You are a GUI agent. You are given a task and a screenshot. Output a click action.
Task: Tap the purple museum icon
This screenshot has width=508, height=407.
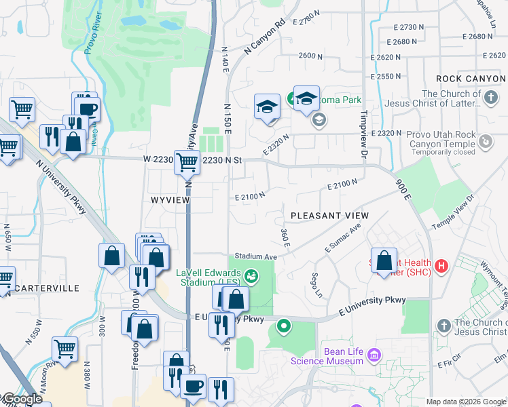373,355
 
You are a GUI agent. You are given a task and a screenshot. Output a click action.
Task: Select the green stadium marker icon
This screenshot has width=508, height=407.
252,275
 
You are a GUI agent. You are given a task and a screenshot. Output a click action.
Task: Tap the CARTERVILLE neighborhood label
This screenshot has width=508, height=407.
47,288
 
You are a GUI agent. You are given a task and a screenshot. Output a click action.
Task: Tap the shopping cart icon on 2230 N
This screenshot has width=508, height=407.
187,162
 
